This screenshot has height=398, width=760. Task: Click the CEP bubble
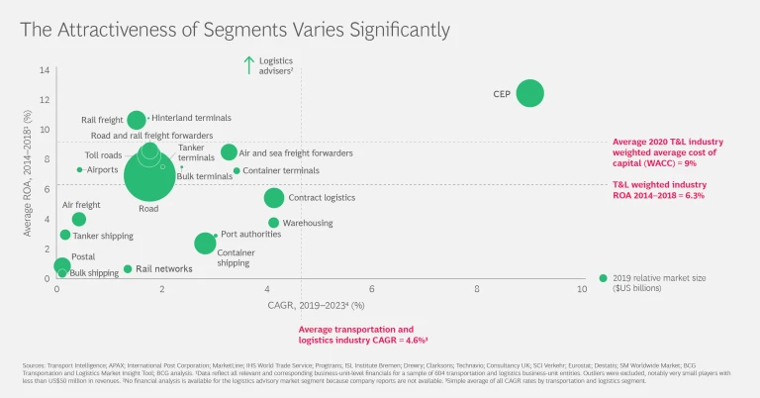(529, 94)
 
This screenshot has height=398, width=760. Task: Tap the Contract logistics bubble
(274, 198)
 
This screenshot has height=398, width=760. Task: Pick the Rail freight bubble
(137, 120)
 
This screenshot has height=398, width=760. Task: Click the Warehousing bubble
(274, 223)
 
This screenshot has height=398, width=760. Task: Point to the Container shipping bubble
(205, 244)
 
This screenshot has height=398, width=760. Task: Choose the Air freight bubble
(79, 219)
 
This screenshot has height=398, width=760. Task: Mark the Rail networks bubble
(128, 268)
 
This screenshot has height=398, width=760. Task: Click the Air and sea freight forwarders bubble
(229, 152)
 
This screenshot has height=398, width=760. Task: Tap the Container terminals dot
(237, 171)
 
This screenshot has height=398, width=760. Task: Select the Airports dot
(79, 170)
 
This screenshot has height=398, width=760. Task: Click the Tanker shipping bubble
(65, 235)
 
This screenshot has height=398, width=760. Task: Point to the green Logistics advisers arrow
(249, 65)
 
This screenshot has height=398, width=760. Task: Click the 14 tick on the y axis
(45, 70)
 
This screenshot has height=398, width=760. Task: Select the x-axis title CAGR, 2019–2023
(310, 304)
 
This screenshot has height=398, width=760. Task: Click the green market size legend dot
(604, 278)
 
